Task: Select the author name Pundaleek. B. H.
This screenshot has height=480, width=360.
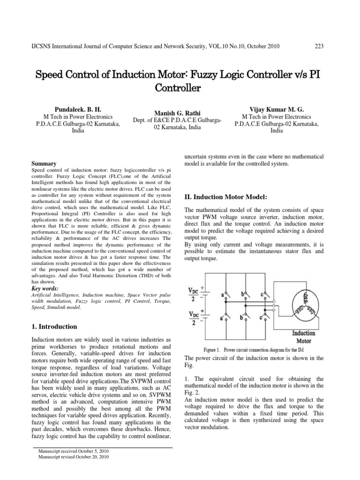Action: (x=75, y=108)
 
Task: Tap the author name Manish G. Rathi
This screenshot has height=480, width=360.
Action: (x=180, y=112)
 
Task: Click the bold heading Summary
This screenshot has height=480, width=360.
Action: (x=43, y=164)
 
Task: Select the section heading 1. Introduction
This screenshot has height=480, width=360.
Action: (x=54, y=326)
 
